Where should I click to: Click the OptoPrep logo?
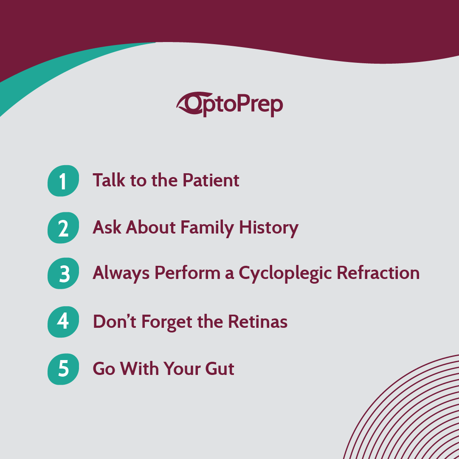tap(230, 104)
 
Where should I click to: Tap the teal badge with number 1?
tap(63, 181)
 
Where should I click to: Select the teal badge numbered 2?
tap(63, 228)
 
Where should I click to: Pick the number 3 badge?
tap(63, 274)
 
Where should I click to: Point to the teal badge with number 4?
tap(63, 321)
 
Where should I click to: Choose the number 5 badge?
tap(63, 369)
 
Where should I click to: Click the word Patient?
tap(211, 180)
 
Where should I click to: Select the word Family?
tap(207, 228)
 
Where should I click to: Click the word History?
tap(269, 228)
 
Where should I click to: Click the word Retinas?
tap(258, 321)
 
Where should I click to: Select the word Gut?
tap(220, 369)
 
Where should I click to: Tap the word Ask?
tap(107, 228)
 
